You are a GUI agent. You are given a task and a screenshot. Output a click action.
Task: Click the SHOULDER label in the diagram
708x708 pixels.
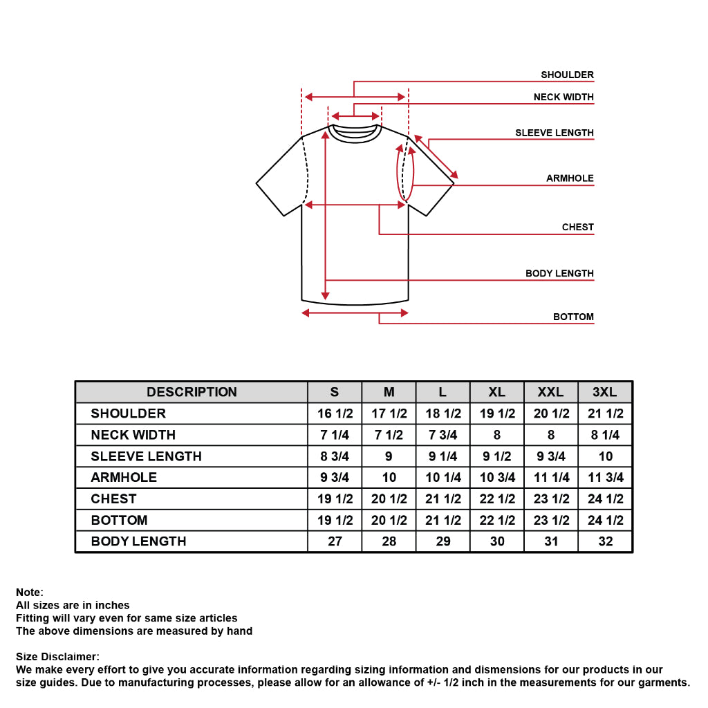pyautogui.click(x=567, y=75)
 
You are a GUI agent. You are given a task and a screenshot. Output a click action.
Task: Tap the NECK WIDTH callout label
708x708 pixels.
pyautogui.click(x=563, y=97)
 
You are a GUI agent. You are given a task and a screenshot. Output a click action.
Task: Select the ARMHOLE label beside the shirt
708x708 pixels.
pyautogui.click(x=570, y=178)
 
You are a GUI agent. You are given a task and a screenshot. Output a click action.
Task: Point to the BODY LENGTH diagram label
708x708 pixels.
pyautogui.click(x=559, y=273)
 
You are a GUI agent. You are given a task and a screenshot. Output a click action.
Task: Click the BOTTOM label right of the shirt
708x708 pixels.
pyautogui.click(x=573, y=317)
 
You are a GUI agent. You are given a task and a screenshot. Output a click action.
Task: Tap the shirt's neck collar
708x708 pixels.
pyautogui.click(x=355, y=133)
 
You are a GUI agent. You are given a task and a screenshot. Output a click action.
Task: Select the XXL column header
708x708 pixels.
pyautogui.click(x=551, y=392)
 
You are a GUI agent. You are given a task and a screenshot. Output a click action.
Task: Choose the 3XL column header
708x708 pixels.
pyautogui.click(x=605, y=392)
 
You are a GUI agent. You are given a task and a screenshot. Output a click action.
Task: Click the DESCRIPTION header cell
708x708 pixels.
pyautogui.click(x=192, y=392)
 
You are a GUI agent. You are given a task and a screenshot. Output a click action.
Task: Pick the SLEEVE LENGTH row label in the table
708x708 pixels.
pyautogui.click(x=147, y=456)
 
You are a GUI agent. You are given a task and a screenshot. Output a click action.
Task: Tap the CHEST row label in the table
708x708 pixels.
pyautogui.click(x=114, y=499)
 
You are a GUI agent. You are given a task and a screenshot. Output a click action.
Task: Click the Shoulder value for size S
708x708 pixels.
pyautogui.click(x=335, y=413)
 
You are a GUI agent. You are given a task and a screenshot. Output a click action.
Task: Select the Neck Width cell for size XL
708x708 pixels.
pyautogui.click(x=497, y=435)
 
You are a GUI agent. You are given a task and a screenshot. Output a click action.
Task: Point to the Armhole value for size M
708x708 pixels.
pyautogui.click(x=389, y=477)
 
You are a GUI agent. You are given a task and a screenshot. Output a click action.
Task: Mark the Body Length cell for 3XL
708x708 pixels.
pyautogui.click(x=605, y=541)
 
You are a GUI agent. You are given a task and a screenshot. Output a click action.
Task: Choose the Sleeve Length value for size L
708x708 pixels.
pyautogui.click(x=443, y=456)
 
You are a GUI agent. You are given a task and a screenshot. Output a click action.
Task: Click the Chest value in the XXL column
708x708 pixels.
pyautogui.click(x=551, y=499)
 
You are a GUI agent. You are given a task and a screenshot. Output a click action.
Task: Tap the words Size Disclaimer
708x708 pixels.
pyautogui.click(x=57, y=656)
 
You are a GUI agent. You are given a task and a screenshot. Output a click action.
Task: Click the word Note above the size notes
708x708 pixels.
pyautogui.click(x=29, y=592)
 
